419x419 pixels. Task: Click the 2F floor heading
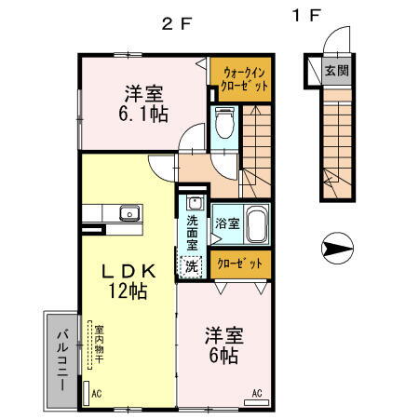pos(177,24)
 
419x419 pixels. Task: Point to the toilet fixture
pos(223,121)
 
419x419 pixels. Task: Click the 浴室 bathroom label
pos(226,223)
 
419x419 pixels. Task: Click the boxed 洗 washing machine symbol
pos(191,265)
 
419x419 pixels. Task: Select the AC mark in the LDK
pos(96,394)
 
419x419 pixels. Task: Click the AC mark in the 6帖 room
pos(257,393)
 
